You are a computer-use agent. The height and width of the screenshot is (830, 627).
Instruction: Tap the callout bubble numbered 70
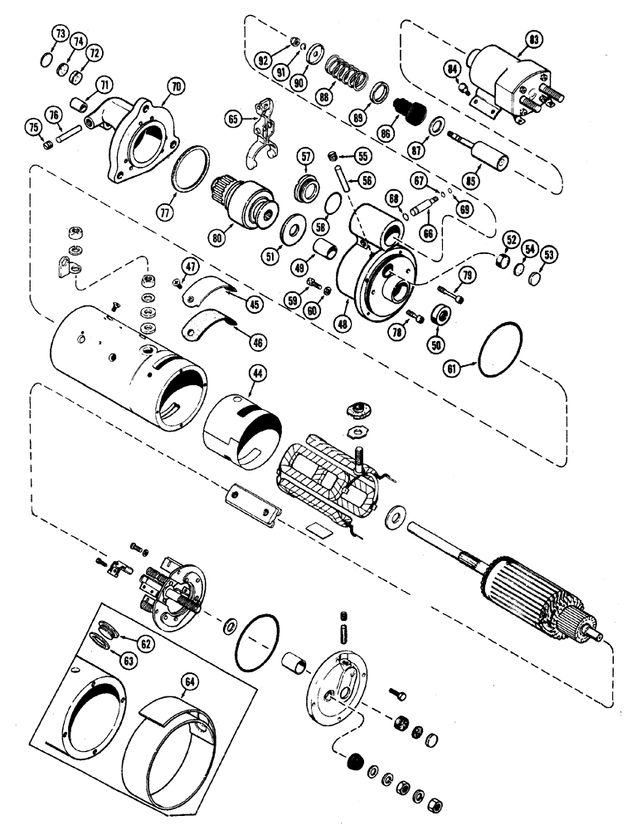pyautogui.click(x=175, y=85)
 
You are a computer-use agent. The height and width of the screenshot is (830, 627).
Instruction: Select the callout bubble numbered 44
pyautogui.click(x=259, y=374)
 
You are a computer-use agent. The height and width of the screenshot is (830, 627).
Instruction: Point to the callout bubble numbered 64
pyautogui.click(x=191, y=683)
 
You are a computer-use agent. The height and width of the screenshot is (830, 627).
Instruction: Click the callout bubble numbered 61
pyautogui.click(x=475, y=365)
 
